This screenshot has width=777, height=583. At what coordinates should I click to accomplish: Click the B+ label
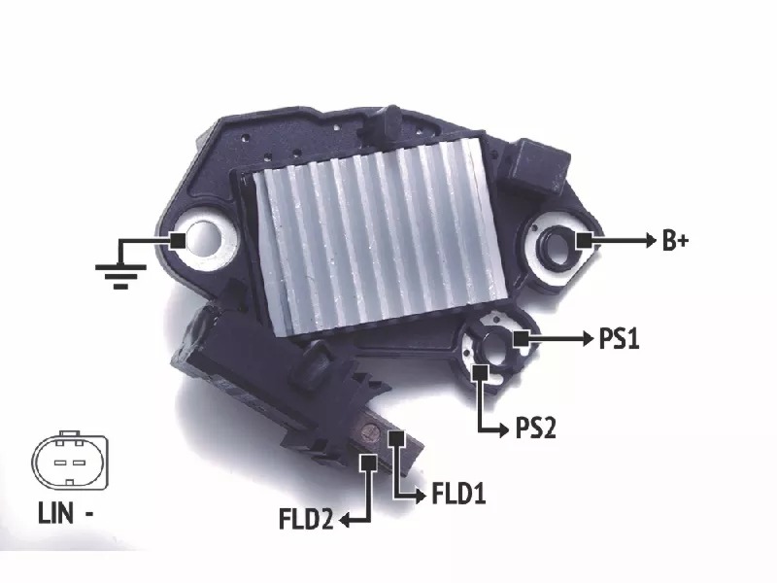coord(675,240)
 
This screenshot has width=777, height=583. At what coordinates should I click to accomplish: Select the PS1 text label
coord(619,339)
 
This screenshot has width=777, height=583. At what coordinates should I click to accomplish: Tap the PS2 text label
coord(536,429)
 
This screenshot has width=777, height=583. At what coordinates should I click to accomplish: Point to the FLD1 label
coord(458,494)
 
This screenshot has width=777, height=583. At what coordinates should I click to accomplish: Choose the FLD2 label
coord(306,519)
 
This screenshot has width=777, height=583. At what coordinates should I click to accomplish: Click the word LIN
coord(55,513)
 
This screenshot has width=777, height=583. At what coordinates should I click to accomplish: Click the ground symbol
coord(120,276)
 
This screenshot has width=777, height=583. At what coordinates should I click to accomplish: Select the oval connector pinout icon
coord(69,461)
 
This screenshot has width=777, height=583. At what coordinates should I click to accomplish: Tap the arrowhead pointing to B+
coord(651,240)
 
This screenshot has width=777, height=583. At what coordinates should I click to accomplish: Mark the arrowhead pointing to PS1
coord(589,339)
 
